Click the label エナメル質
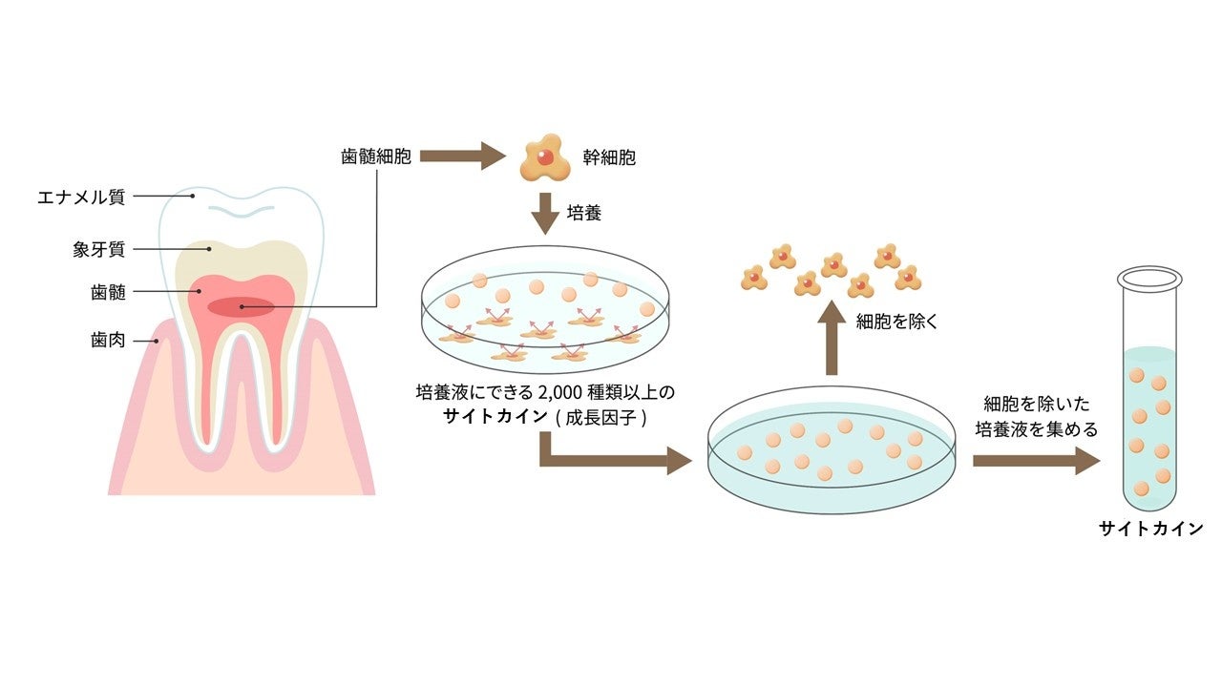pyautogui.click(x=81, y=198)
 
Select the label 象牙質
pyautogui.click(x=98, y=250)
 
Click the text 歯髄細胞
pyautogui.click(x=376, y=156)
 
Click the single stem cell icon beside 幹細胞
pyautogui.click(x=544, y=158)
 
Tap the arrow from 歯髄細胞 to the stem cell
pyautogui.click(x=463, y=156)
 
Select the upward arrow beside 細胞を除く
pyautogui.click(x=831, y=336)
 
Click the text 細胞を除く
pyautogui.click(x=897, y=322)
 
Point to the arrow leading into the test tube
pyautogui.click(x=1036, y=461)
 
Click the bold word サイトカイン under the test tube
pyautogui.click(x=1150, y=529)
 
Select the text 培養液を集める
pyautogui.click(x=1036, y=429)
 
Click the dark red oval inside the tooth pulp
pyautogui.click(x=242, y=306)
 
